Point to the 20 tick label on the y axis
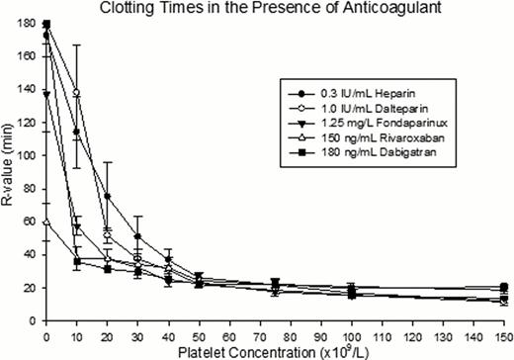tap(31, 287)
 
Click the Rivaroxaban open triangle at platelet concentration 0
tap(46, 222)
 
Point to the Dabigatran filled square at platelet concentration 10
tap(77, 261)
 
